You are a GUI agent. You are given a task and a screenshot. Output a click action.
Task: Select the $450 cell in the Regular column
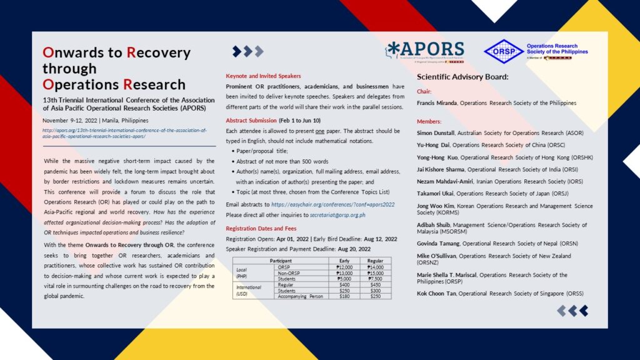pyautogui.click(x=376, y=284)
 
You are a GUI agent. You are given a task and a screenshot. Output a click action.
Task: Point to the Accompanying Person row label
pyautogui.click(x=301, y=296)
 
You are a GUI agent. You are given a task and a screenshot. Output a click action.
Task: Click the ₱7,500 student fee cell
pyautogui.click(x=376, y=279)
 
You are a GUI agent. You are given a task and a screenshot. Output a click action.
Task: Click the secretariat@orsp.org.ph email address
pyautogui.click(x=341, y=214)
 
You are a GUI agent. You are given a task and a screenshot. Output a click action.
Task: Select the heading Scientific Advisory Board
pyautogui.click(x=462, y=77)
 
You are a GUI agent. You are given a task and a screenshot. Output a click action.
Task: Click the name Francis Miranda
pyautogui.click(x=437, y=102)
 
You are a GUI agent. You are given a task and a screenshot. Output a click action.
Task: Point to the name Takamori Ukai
pyautogui.click(x=435, y=194)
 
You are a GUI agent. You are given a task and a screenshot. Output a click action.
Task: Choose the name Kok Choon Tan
pyautogui.click(x=437, y=293)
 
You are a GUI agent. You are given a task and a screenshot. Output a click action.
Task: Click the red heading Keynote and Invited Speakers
pyautogui.click(x=263, y=76)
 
